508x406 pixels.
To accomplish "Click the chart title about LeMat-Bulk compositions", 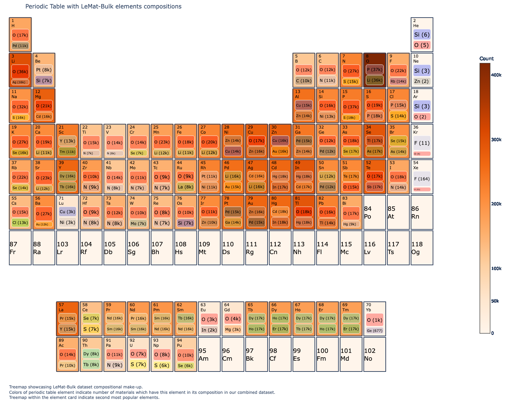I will (103, 6).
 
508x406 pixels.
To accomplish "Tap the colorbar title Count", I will (486, 59).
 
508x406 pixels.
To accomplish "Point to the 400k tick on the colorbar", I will (496, 75).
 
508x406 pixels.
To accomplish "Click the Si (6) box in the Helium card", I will (422, 35).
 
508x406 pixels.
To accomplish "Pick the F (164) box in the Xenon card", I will (422, 178).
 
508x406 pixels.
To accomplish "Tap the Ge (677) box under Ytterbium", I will (374, 331).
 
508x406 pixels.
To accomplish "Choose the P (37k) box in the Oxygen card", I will (375, 70).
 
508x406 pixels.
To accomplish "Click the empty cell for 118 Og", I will (422, 248).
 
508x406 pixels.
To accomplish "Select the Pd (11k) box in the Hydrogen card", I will (20, 46).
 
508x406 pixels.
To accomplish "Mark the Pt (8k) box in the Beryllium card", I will (44, 70).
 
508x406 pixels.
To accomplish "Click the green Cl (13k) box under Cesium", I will (20, 223).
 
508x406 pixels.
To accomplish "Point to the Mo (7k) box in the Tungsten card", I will (138, 223).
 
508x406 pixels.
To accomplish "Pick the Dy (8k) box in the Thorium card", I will (91, 354).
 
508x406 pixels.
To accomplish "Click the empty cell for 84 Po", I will (375, 212).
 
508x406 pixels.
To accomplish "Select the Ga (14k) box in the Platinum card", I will (233, 222).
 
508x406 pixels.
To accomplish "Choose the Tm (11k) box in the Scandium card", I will (67, 152).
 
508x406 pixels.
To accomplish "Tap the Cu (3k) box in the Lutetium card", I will (67, 212).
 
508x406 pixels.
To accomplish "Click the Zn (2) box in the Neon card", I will (422, 81).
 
